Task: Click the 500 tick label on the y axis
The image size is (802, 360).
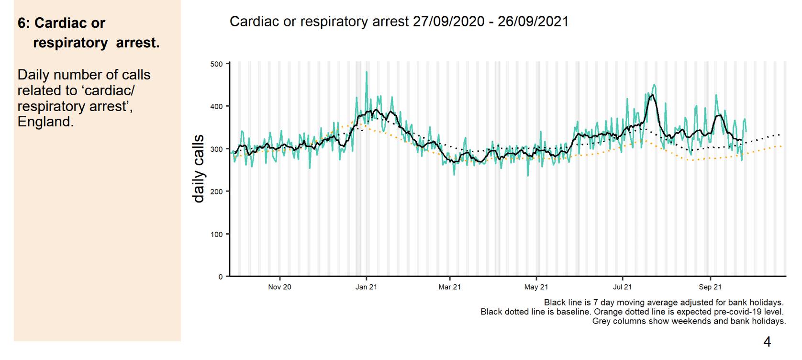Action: pyautogui.click(x=216, y=64)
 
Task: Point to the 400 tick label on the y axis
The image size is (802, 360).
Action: pyautogui.click(x=216, y=106)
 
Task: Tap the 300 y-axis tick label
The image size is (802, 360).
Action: pyautogui.click(x=216, y=149)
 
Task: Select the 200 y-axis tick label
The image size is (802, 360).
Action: pyautogui.click(x=216, y=191)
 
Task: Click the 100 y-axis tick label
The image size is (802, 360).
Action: pyautogui.click(x=216, y=234)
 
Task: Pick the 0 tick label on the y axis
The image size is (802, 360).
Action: pyautogui.click(x=221, y=277)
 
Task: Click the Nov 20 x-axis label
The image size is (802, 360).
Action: pyautogui.click(x=279, y=287)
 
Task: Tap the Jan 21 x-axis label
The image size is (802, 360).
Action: pyautogui.click(x=366, y=287)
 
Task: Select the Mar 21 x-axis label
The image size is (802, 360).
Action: pyautogui.click(x=449, y=287)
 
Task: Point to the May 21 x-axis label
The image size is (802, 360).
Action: pyautogui.click(x=536, y=287)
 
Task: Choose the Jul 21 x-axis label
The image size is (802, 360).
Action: pyautogui.click(x=622, y=287)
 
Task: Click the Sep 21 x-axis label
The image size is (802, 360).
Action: pyautogui.click(x=710, y=287)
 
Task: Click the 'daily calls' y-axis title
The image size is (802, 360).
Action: pyautogui.click(x=198, y=169)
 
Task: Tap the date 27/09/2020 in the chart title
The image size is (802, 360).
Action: pyautogui.click(x=448, y=22)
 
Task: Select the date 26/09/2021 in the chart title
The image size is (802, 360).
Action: pyautogui.click(x=533, y=22)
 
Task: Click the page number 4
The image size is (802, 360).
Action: pyautogui.click(x=767, y=342)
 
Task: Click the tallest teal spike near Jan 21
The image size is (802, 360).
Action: pyautogui.click(x=367, y=73)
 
